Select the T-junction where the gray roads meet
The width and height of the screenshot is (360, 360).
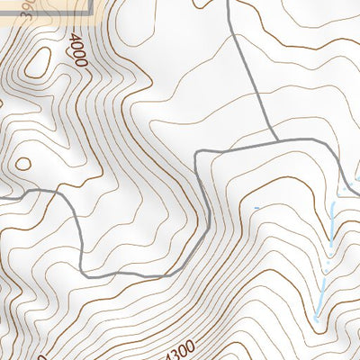[x=275, y=140]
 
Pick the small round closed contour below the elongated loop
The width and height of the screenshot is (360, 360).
[x=22, y=165]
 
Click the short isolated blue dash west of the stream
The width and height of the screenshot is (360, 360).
[x=256, y=209]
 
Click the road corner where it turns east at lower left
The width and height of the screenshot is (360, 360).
[x=82, y=272]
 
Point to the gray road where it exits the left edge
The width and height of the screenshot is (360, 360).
[x=2, y=197]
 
